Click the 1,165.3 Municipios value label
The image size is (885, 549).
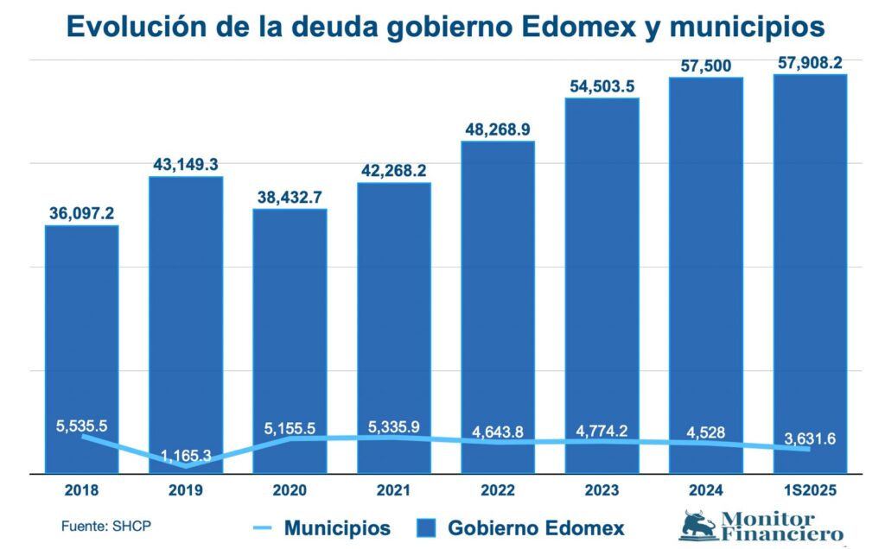click(x=186, y=454)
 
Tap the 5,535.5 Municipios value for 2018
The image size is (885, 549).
click(x=82, y=426)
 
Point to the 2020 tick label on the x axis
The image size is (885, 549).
click(x=290, y=489)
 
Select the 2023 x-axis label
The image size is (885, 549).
click(x=602, y=489)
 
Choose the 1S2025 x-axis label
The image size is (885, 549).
click(x=810, y=489)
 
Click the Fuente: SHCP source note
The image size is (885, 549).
click(x=99, y=526)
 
